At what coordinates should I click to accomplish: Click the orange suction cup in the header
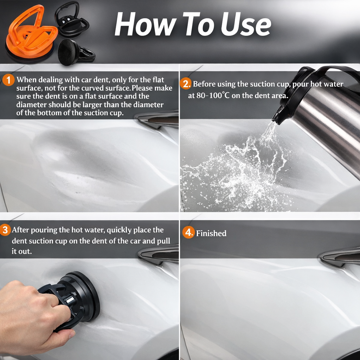click(x=31, y=37)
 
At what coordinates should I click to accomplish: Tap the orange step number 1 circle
click(x=8, y=80)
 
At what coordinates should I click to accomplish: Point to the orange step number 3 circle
click(x=5, y=230)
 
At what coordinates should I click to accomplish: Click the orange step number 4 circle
click(x=188, y=232)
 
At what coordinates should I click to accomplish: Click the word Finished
click(x=211, y=233)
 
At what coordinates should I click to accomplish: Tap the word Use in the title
click(x=246, y=24)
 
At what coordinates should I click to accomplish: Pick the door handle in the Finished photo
click(x=340, y=256)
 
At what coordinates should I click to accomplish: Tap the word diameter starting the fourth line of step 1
click(x=31, y=105)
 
